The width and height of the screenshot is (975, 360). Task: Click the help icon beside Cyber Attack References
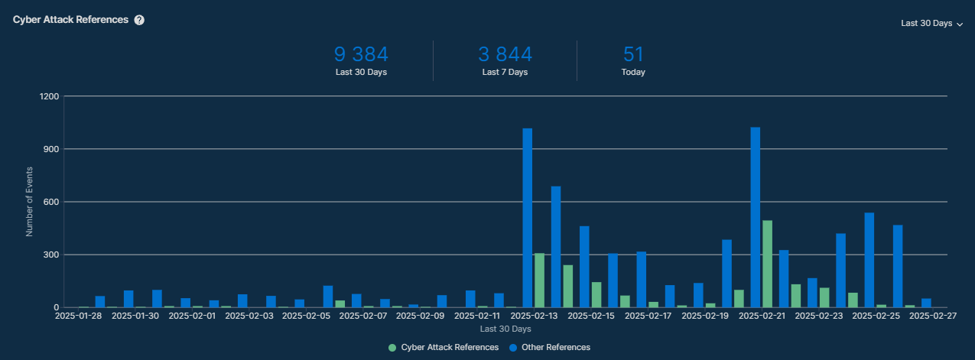pyautogui.click(x=139, y=20)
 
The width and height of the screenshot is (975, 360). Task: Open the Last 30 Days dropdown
pyautogui.click(x=931, y=24)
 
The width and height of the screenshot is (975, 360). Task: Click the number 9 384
pyautogui.click(x=361, y=54)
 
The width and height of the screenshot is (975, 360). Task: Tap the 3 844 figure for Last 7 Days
pyautogui.click(x=505, y=54)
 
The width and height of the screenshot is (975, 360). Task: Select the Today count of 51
pyautogui.click(x=633, y=54)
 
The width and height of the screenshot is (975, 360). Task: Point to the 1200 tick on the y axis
pyautogui.click(x=49, y=96)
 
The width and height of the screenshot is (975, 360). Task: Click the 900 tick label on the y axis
pyautogui.click(x=51, y=149)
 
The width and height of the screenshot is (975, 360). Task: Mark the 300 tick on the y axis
pyautogui.click(x=51, y=255)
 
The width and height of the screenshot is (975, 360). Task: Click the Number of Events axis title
pyautogui.click(x=30, y=202)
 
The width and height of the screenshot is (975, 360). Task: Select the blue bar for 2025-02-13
pyautogui.click(x=528, y=218)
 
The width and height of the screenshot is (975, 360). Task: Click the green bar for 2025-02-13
pyautogui.click(x=539, y=280)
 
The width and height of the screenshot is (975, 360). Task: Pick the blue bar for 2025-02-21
pyautogui.click(x=756, y=217)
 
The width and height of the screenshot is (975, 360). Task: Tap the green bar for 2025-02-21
pyautogui.click(x=767, y=264)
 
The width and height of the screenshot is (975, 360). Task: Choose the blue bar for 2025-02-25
pyautogui.click(x=869, y=260)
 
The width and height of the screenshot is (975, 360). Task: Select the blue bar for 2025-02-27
pyautogui.click(x=926, y=303)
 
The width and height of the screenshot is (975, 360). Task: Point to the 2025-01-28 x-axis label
pyautogui.click(x=79, y=315)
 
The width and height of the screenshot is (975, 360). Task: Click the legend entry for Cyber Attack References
pyautogui.click(x=444, y=348)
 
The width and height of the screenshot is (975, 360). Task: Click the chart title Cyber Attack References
pyautogui.click(x=70, y=20)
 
